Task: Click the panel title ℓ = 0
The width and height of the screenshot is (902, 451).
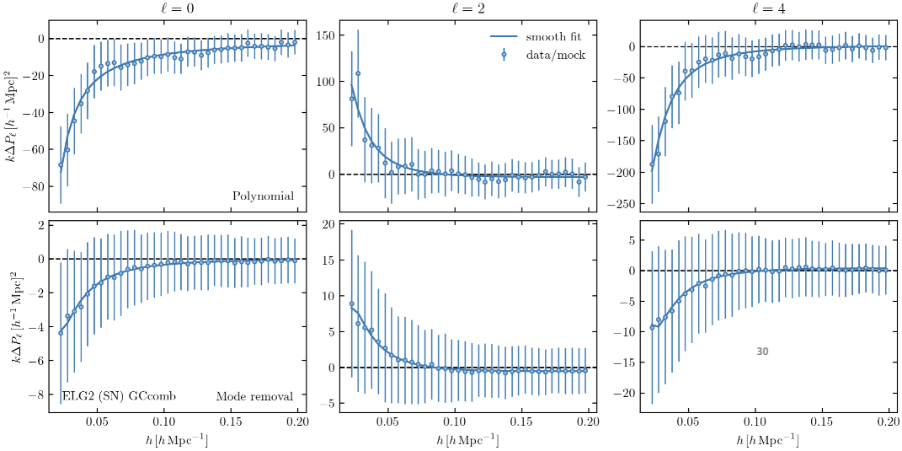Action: pyautogui.click(x=176, y=9)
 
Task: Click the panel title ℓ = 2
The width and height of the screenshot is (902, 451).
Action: pyautogui.click(x=469, y=9)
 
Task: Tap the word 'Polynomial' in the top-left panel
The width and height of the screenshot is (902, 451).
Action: pyautogui.click(x=263, y=196)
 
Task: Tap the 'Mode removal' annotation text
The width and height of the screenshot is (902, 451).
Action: pyautogui.click(x=254, y=396)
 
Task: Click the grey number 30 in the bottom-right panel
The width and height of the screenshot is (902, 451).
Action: pyautogui.click(x=762, y=352)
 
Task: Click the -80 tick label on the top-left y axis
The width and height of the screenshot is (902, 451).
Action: pyautogui.click(x=33, y=186)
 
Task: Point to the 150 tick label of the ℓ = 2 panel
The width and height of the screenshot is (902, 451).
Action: pyautogui.click(x=324, y=35)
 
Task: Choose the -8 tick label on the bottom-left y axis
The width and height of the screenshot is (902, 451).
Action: pyautogui.click(x=36, y=395)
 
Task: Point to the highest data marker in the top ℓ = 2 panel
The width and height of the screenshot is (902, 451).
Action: pyautogui.click(x=358, y=73)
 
